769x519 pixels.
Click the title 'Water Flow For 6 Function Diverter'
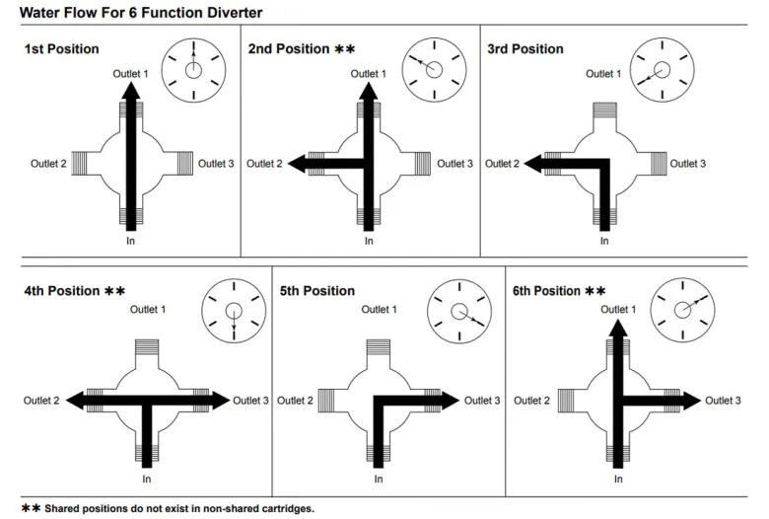142,12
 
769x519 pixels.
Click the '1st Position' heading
61,49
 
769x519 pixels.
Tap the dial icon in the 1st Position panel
193,69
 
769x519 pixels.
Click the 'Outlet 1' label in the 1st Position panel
131,73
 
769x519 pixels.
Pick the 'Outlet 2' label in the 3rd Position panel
502,164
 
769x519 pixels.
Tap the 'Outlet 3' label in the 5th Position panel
482,401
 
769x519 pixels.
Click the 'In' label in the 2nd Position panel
369,240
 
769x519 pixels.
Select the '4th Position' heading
62,291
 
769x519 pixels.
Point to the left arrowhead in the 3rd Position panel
530,164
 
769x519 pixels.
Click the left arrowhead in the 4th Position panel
74,401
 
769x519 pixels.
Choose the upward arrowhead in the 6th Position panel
617,328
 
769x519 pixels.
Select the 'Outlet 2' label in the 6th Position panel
530,401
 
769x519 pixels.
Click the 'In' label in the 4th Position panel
146,480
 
